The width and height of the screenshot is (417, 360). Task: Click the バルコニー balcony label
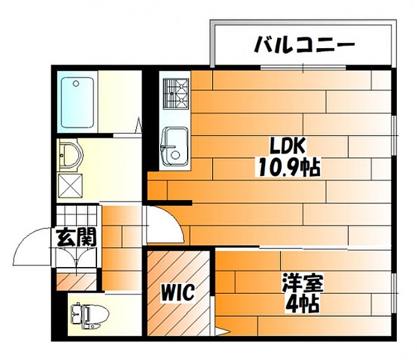pos(304,44)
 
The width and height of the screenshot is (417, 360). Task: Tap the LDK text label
pos(288,146)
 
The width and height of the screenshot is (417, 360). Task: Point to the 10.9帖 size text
pos(289,168)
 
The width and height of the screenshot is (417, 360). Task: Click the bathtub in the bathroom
pos(79,102)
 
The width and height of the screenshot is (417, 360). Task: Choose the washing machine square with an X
pos(71,184)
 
